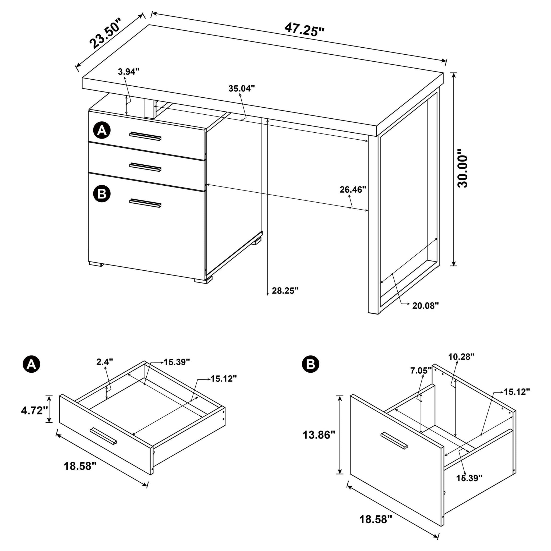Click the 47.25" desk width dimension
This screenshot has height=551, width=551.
(x=304, y=30)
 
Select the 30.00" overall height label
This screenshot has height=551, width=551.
(x=462, y=171)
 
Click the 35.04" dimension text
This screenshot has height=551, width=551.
(x=241, y=89)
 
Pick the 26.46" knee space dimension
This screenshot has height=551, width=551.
(x=352, y=190)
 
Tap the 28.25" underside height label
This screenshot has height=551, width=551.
(x=285, y=291)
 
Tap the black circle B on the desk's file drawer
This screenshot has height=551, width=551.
(x=102, y=194)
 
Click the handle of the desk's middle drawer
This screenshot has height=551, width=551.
(x=145, y=167)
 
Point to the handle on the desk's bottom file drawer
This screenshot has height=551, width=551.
(x=145, y=203)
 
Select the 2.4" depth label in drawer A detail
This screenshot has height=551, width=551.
(x=105, y=362)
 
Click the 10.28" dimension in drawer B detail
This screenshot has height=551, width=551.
(x=461, y=356)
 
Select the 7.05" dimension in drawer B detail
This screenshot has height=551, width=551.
(x=421, y=371)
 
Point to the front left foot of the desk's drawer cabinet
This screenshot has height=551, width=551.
(x=96, y=264)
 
